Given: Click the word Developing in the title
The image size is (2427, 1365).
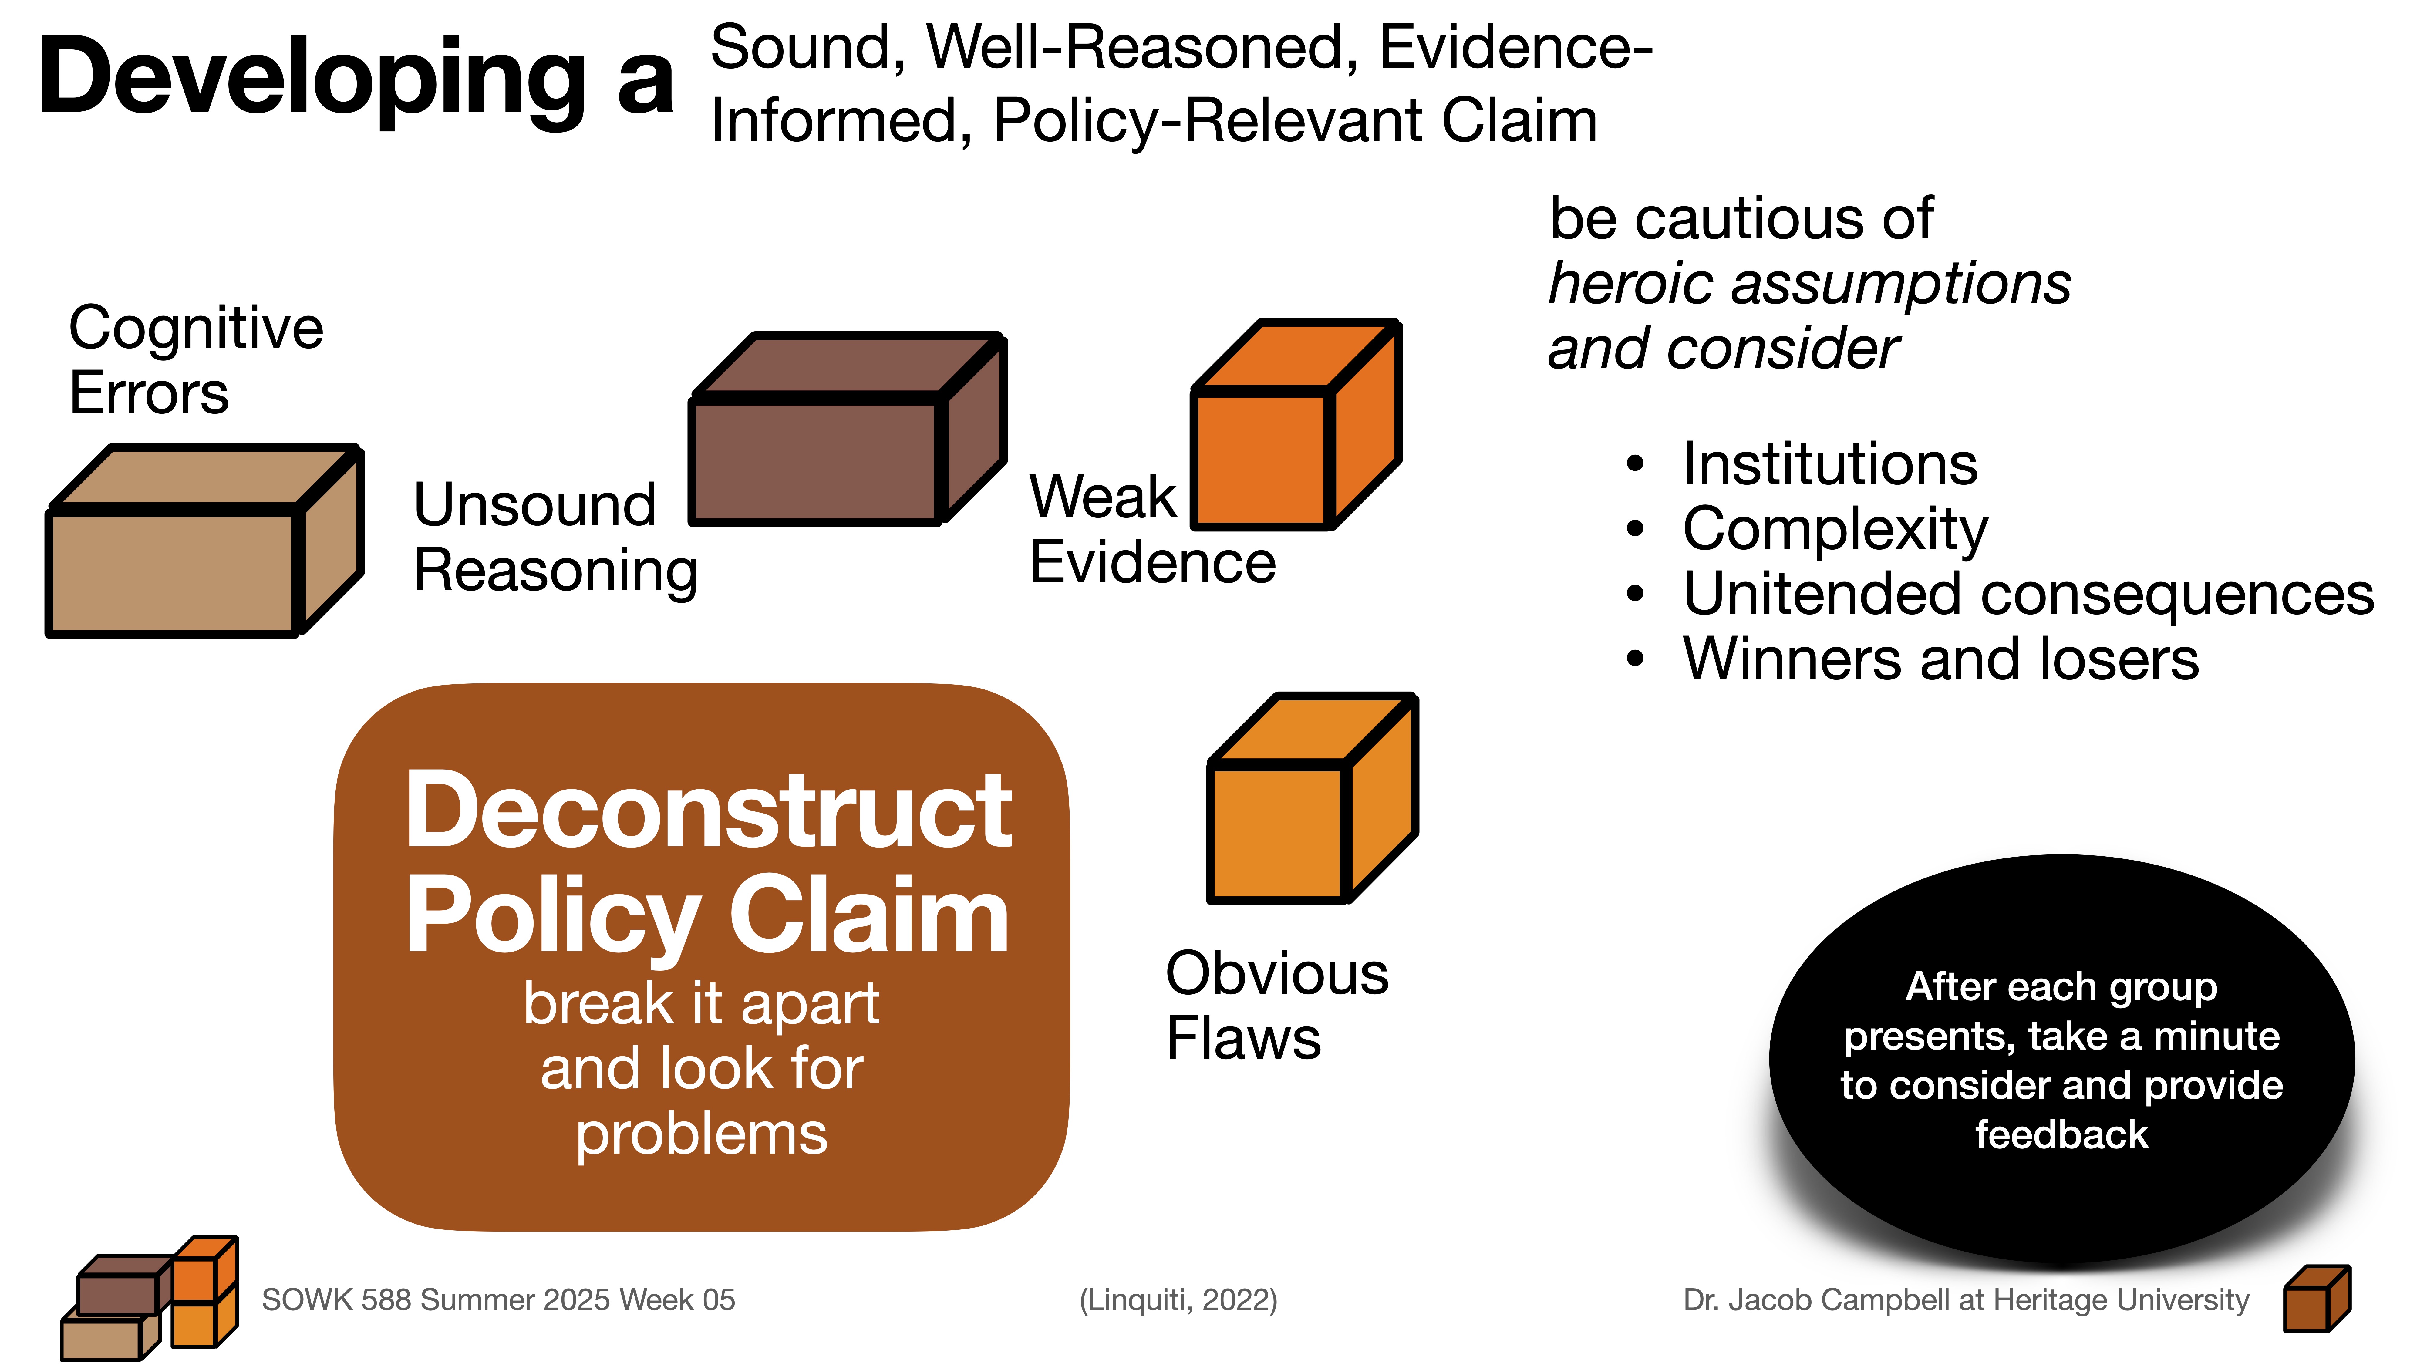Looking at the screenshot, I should point(311,77).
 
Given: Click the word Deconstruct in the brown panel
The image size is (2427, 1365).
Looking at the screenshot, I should point(709,810).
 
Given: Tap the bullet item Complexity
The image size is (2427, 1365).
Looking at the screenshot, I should point(1834,529).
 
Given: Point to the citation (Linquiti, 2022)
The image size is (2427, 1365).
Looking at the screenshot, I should point(1178,1300).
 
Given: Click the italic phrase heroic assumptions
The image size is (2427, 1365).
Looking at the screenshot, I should point(1809,284).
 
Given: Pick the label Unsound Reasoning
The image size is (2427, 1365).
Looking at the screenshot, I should point(554,537).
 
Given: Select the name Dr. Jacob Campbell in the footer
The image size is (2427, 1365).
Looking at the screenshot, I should point(1816,1300).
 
